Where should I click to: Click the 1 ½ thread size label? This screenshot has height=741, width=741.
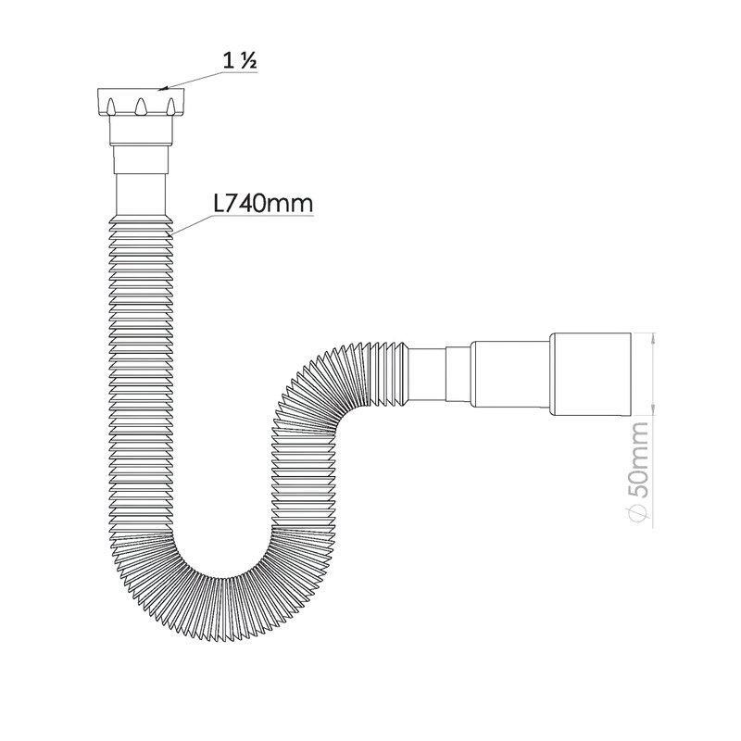pos(240,61)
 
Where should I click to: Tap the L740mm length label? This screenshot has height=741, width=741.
pos(263,204)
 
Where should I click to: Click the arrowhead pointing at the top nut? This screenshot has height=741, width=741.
pos(163,88)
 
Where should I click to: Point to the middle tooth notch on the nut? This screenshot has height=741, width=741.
pos(141,107)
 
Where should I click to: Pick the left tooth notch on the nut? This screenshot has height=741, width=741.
pos(110,107)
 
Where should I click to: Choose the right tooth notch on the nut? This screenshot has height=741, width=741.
pos(171,107)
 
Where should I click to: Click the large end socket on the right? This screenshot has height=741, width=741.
pos(590,374)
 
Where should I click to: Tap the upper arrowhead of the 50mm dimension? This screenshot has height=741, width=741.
pos(653,338)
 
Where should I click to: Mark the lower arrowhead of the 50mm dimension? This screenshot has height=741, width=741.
pos(653,409)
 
